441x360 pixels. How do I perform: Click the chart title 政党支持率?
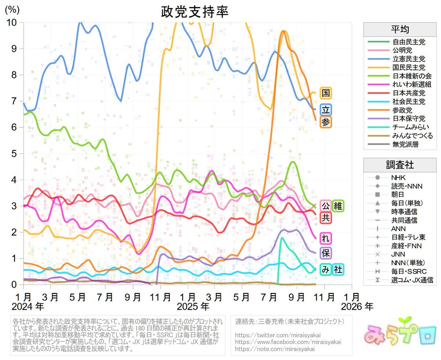click(195, 12)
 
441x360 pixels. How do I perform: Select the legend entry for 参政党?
click(402, 110)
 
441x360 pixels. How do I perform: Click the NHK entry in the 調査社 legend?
click(398, 178)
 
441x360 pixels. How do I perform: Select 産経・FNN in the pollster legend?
click(406, 246)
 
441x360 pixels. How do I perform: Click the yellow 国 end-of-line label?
click(325, 93)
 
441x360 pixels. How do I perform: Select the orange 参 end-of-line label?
click(325, 122)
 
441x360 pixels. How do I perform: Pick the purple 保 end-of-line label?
click(325, 253)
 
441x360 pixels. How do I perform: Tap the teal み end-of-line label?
click(325, 270)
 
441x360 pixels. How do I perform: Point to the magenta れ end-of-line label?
click(325, 238)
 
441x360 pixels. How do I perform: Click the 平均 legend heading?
click(400, 29)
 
